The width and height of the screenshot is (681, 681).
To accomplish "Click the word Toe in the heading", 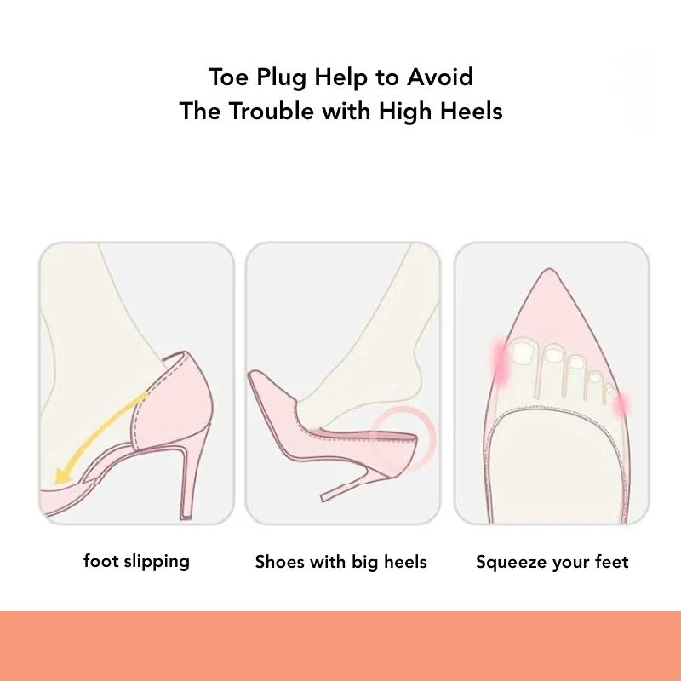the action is pos(229,77).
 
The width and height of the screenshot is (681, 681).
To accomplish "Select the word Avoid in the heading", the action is pos(439,77).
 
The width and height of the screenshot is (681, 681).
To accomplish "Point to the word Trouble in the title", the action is pos(271,111).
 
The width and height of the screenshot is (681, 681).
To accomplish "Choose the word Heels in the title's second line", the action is pos(472,111).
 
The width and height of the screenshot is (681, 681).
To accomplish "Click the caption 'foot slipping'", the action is pos(136,562).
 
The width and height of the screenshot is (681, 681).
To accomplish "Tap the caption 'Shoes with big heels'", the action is pos(341,562).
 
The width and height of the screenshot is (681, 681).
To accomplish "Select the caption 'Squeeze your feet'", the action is pos(552,563).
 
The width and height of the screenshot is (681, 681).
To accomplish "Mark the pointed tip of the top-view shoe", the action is pos(549,270).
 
